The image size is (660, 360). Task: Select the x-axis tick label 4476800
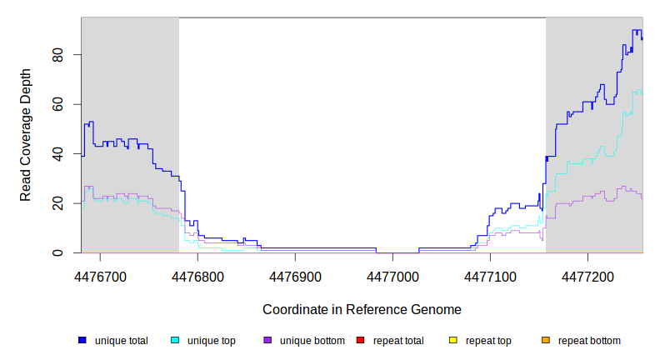[x=197, y=274]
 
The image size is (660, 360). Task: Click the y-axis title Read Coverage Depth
[x=26, y=135]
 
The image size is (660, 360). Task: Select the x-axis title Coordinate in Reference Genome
[x=362, y=309]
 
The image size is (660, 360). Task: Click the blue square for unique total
[x=82, y=340]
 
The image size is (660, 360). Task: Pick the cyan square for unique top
[x=175, y=340]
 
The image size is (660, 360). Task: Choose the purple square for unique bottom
[x=267, y=340]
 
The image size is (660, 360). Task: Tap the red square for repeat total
[x=360, y=340]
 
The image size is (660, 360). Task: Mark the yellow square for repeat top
[x=452, y=340]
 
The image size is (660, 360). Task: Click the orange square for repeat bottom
[x=546, y=340]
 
